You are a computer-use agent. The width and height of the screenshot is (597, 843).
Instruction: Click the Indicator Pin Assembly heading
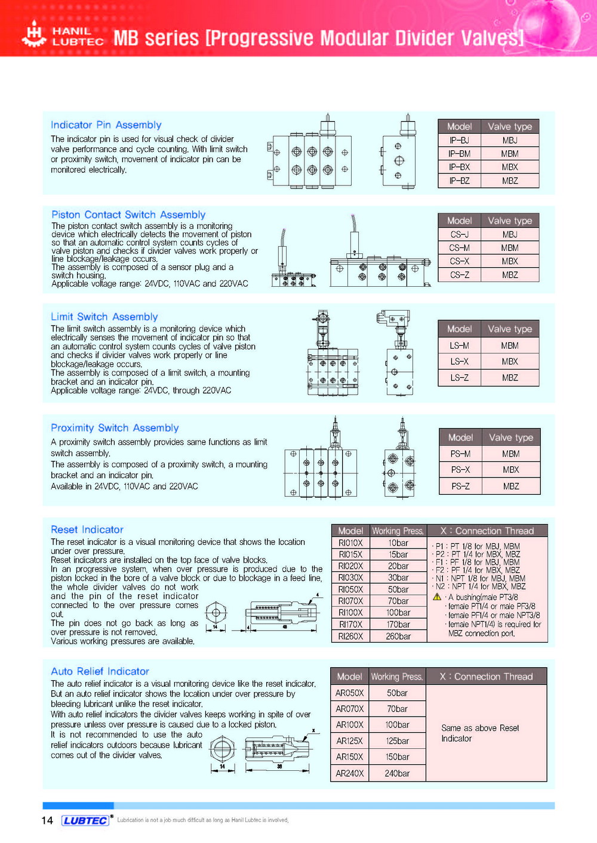[106, 125]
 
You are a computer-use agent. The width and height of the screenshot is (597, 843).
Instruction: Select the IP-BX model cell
[459, 168]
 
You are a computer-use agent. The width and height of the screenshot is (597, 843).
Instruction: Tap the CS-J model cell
[459, 234]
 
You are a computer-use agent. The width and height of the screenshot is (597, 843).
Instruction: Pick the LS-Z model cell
[459, 378]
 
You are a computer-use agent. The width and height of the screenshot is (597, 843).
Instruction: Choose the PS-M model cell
[460, 454]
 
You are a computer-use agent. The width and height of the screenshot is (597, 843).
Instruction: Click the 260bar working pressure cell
[398, 636]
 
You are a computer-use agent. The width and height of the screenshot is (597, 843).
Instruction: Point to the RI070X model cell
[350, 601]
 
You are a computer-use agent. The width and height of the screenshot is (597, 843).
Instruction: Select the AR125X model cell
[350, 741]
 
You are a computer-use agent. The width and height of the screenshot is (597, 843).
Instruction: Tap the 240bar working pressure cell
[397, 773]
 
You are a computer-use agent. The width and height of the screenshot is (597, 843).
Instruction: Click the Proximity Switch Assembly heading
[115, 428]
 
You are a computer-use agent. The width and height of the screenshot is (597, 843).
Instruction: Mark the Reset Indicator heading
[87, 529]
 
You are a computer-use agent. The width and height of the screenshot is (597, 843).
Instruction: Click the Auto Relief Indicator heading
[100, 671]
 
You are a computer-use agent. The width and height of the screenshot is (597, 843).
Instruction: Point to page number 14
[47, 820]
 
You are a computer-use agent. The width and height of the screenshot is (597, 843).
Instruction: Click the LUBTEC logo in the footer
[86, 820]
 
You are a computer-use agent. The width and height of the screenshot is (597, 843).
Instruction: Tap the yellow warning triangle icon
[437, 597]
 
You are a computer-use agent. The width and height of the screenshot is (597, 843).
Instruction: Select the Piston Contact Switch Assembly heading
[128, 215]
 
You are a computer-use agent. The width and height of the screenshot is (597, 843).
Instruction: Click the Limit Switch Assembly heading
[104, 317]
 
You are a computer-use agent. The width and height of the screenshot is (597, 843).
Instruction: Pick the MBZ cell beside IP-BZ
[510, 181]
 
